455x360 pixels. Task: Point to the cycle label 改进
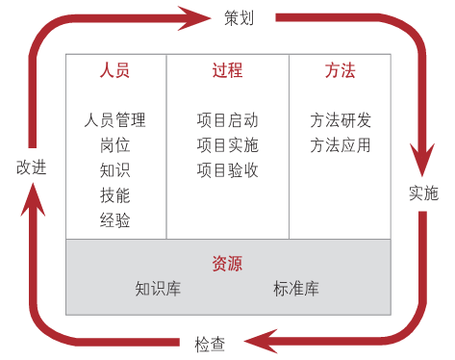pos(31,167)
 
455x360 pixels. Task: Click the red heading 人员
pos(114,71)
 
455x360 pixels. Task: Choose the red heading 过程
pos(227,71)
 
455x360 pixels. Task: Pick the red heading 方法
pos(340,71)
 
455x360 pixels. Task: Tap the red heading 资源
pos(227,263)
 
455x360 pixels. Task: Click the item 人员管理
pos(114,121)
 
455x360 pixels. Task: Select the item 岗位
pos(114,146)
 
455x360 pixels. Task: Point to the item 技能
pos(114,195)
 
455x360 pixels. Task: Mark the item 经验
pos(114,220)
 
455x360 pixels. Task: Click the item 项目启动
pos(227,121)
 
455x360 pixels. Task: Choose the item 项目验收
pos(227,170)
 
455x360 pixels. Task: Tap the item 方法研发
pos(340,121)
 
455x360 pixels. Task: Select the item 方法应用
pos(340,146)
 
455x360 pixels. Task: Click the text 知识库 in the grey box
pos(159,288)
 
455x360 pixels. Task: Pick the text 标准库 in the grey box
pos(295,288)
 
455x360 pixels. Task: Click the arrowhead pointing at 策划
pos(193,16)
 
